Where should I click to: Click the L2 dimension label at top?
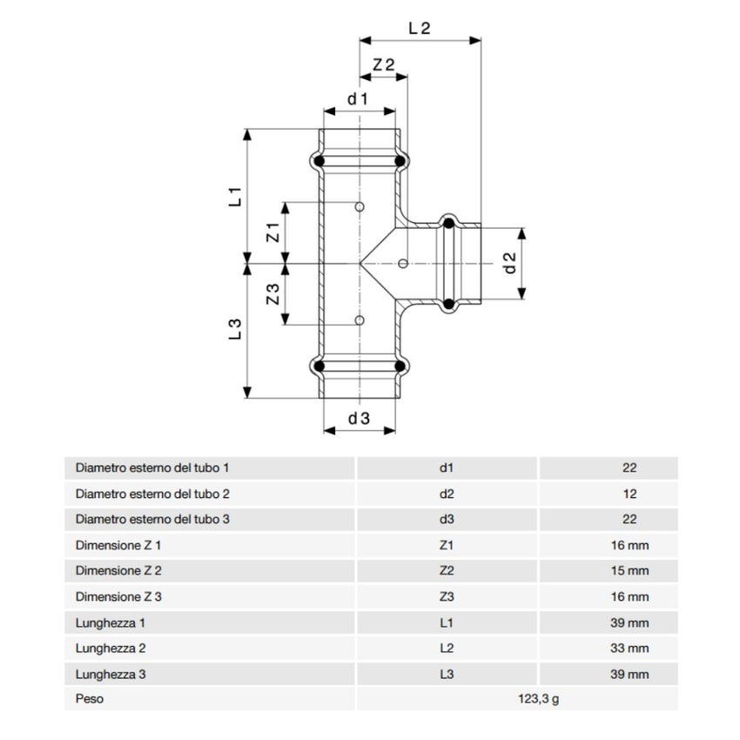coord(420,27)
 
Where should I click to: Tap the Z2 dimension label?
coord(384,65)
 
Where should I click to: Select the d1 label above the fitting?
coord(358,99)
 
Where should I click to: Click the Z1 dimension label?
coord(272,232)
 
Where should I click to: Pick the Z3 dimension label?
coord(272,295)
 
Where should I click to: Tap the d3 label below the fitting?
coord(359,419)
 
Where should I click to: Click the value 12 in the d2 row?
coord(630,494)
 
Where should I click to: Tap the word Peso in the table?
coord(90,698)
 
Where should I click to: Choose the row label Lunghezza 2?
coord(110,649)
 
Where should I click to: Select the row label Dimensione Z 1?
coord(118,545)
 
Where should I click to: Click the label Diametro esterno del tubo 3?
coord(152,520)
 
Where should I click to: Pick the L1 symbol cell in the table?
coord(447,622)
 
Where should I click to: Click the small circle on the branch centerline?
coord(402,263)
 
